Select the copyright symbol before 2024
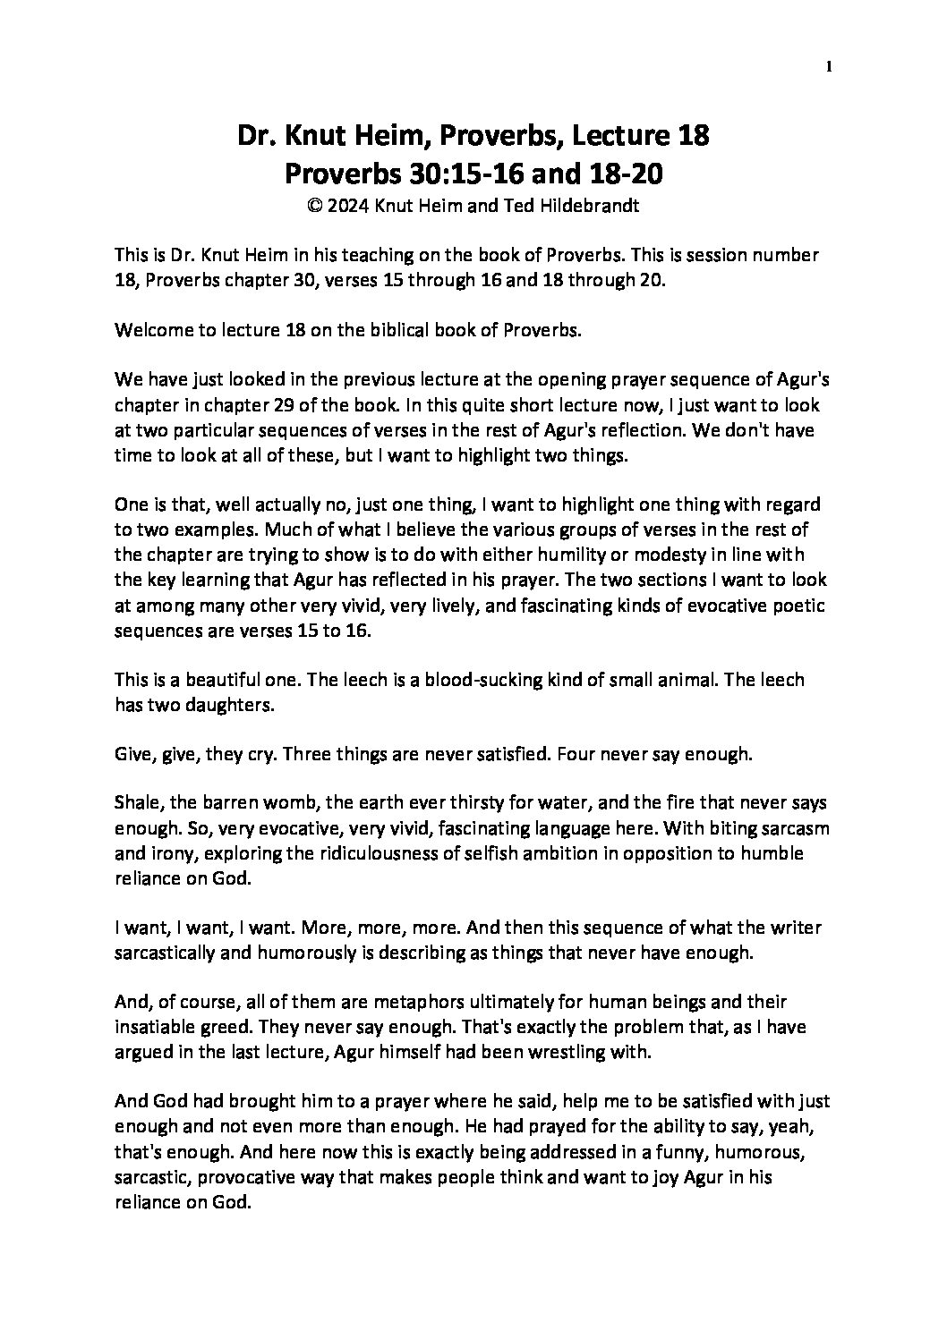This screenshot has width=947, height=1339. (x=313, y=205)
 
